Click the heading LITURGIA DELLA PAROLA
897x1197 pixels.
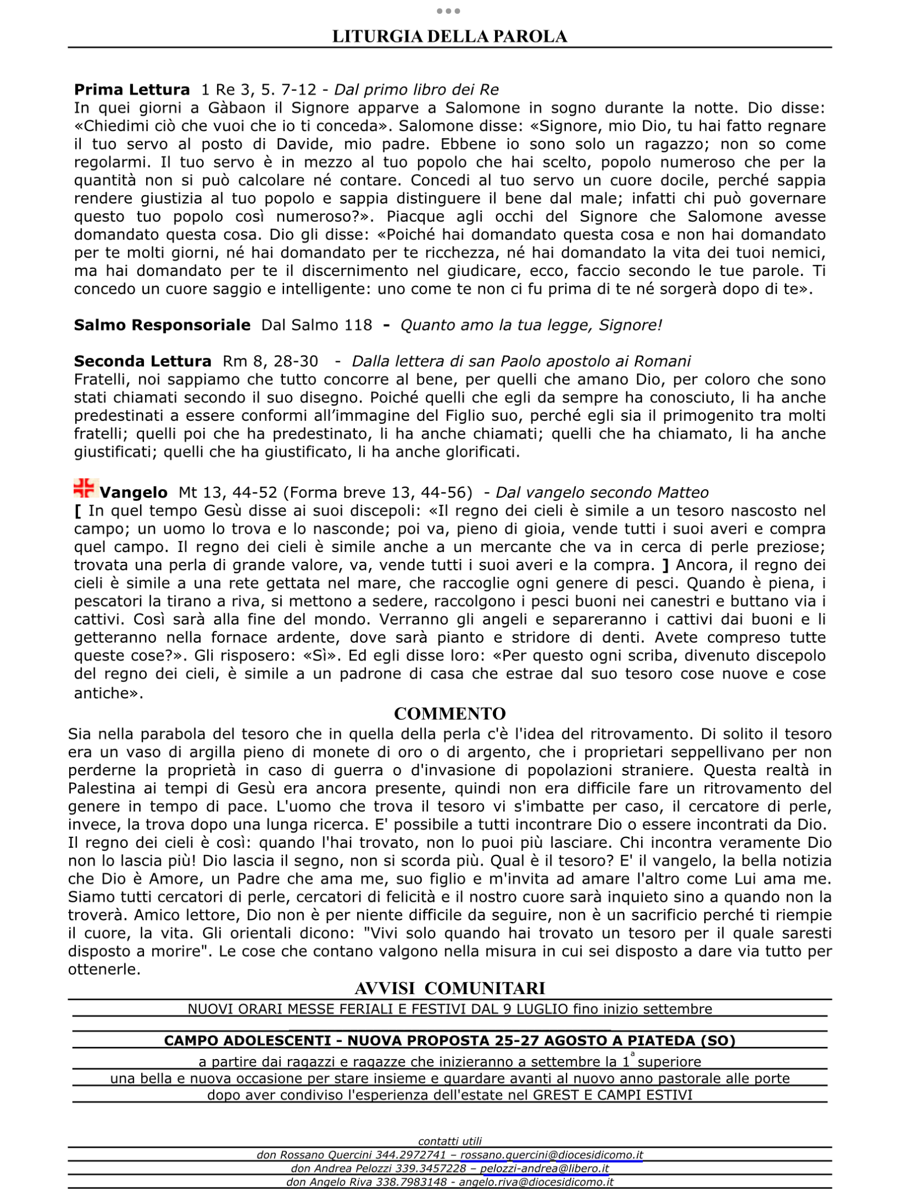pos(449,37)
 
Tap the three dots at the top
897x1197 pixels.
pos(448,11)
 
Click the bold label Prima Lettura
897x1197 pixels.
pos(132,90)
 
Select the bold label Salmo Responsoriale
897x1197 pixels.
pos(162,325)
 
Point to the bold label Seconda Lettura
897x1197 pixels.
pos(142,361)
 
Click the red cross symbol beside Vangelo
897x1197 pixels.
pos(84,488)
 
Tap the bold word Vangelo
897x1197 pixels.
pos(133,493)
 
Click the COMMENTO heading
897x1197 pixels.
pos(450,714)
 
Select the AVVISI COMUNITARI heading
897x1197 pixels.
pos(450,988)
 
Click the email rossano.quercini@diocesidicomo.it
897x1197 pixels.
pos(551,1155)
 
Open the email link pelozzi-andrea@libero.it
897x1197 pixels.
pos(544,1168)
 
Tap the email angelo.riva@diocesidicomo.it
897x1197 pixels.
pos(536,1182)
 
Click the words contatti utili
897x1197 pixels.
pos(450,1141)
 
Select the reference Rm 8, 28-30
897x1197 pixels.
pos(270,361)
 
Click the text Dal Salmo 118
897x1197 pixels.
pos(317,325)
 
